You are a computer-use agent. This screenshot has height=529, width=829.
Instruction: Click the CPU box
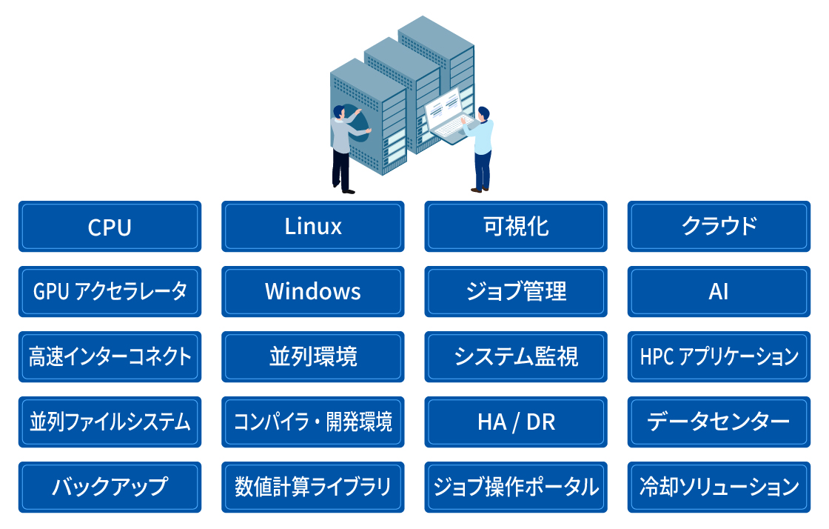(110, 227)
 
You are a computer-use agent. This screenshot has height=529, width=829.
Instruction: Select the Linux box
(313, 227)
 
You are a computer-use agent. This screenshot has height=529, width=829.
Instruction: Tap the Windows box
(313, 291)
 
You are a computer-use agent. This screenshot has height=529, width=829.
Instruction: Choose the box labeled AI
(719, 291)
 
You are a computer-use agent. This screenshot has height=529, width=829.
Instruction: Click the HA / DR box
(516, 422)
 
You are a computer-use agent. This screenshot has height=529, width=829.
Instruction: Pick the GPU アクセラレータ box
(110, 291)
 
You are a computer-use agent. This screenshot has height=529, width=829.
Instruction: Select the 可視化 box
(516, 227)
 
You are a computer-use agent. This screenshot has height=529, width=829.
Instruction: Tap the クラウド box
(719, 227)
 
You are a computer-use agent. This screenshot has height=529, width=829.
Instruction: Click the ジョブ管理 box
(516, 291)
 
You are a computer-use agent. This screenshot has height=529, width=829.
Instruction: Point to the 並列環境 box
(313, 356)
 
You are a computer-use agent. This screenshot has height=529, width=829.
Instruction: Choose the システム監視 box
(516, 356)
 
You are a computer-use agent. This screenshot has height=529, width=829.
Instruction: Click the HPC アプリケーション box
(719, 356)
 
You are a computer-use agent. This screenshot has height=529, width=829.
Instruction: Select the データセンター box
(719, 422)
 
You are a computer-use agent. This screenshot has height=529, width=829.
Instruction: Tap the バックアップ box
(110, 488)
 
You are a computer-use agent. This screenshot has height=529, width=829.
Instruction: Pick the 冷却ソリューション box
(719, 488)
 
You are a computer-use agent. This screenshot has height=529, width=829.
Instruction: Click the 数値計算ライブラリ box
(313, 488)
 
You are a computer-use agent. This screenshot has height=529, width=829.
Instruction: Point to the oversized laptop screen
(443, 108)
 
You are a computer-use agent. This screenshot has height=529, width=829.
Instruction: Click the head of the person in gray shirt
(338, 112)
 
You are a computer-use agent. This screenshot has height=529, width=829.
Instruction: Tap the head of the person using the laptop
(484, 114)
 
